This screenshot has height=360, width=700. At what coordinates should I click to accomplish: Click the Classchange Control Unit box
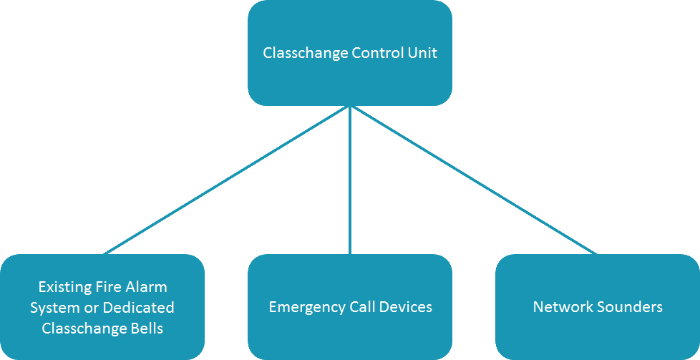click(x=350, y=53)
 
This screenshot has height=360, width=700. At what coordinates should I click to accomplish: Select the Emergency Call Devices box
click(x=350, y=307)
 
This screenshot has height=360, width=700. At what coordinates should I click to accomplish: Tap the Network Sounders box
click(x=598, y=307)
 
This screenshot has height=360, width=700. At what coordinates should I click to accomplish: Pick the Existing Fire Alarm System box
click(x=102, y=307)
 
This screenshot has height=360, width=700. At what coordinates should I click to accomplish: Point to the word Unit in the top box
click(x=422, y=53)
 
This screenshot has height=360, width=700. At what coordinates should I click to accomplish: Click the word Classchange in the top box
click(x=306, y=54)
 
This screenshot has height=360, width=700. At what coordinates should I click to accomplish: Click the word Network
click(x=560, y=307)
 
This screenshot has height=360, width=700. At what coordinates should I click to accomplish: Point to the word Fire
click(x=107, y=286)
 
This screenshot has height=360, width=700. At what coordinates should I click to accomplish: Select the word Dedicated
click(x=138, y=307)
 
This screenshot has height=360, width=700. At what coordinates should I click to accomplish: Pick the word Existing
click(x=65, y=287)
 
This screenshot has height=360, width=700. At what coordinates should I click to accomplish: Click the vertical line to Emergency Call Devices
click(x=350, y=180)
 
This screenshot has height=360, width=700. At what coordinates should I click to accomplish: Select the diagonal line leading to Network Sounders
click(x=474, y=180)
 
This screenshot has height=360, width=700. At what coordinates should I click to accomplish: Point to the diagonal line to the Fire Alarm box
click(x=226, y=180)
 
